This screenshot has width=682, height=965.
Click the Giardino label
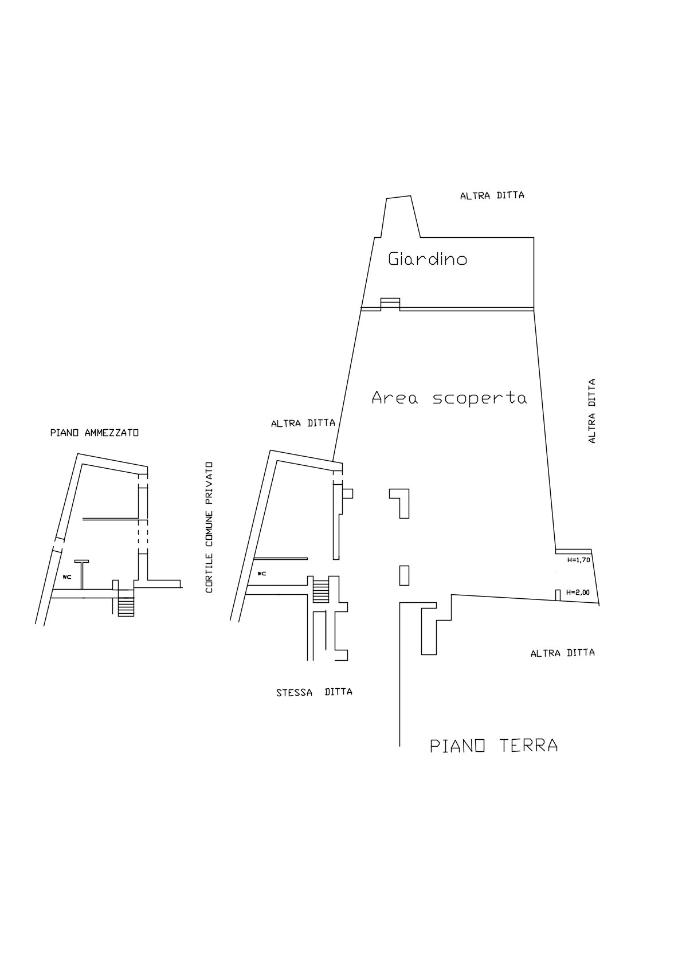[x=428, y=260]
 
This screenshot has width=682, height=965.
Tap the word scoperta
[x=479, y=398]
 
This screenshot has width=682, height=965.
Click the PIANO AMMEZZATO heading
[x=95, y=433]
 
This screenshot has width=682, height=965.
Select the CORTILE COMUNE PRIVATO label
[x=209, y=528]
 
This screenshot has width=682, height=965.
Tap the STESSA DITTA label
[x=314, y=692]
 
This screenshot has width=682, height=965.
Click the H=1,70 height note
[x=578, y=560]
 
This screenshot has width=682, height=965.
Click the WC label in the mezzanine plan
[x=67, y=576]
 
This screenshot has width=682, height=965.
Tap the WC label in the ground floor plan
[x=262, y=573]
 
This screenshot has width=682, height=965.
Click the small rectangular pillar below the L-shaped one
[x=404, y=575]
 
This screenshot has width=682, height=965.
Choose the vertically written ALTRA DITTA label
[x=592, y=410]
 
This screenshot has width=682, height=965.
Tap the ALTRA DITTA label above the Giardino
[x=492, y=195]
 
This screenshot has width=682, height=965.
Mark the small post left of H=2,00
[x=557, y=595]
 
